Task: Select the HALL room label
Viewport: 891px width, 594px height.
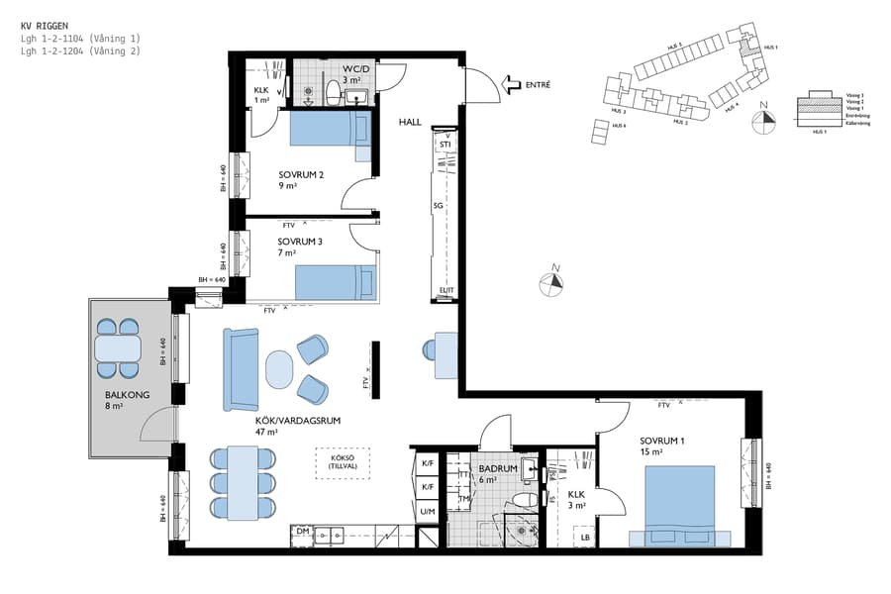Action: click(x=411, y=122)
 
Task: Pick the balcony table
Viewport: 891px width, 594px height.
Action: click(x=117, y=348)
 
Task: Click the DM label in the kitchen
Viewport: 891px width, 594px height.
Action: click(x=302, y=533)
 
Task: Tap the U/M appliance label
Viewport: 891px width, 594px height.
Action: click(x=428, y=511)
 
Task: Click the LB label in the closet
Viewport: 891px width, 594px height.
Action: click(x=586, y=539)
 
